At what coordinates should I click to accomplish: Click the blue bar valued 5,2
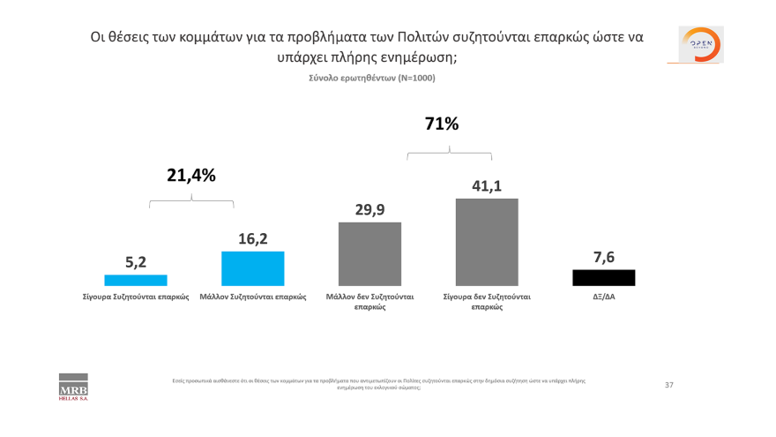pos(135,280)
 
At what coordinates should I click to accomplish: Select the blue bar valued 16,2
pos(252,268)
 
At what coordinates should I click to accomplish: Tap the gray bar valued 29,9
pos(369,253)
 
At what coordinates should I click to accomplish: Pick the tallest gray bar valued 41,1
pos(487,242)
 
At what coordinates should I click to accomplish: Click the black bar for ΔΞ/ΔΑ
pos(603,277)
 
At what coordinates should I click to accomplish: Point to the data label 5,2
pos(135,261)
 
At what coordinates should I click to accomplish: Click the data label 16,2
pos(252,238)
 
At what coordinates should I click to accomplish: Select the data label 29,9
pos(369,209)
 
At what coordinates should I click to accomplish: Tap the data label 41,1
pos(487,185)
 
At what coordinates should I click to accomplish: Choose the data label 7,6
pos(603,257)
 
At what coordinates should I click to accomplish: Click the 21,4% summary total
pos(191,176)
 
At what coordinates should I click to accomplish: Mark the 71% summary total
pos(442,124)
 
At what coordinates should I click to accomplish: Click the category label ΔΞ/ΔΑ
pos(603,298)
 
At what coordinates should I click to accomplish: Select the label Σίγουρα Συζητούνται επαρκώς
pos(136,298)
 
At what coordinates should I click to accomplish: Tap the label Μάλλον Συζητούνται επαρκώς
pos(253,298)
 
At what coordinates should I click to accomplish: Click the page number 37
pos(668,385)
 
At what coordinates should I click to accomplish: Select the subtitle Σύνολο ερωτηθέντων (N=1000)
pos(371,78)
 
